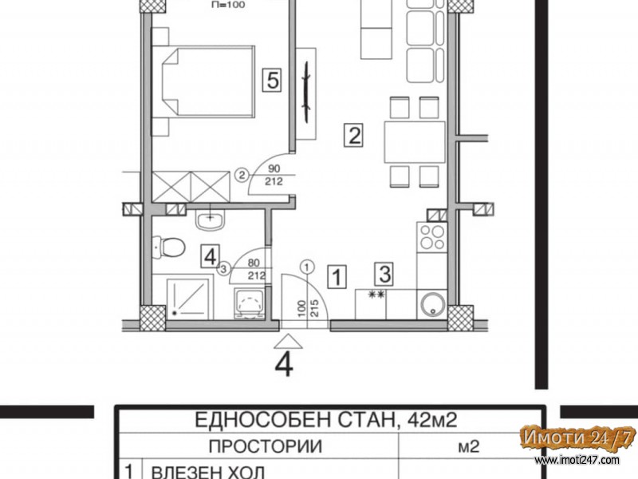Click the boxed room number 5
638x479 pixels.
pos(272,80)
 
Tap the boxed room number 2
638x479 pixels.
pos(353,136)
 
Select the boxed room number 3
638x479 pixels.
pos(384,273)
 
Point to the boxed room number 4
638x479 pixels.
pos(210,256)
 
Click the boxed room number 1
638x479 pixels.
pos(337,277)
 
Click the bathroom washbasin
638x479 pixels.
pos(210,220)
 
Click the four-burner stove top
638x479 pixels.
pos(431,237)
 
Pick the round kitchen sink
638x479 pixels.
pos(431,304)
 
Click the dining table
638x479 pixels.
pos(415,142)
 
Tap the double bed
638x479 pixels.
pos(203,82)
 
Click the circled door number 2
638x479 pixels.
pos(242,176)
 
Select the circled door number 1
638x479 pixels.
pos(307,267)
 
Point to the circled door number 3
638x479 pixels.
pos(224,268)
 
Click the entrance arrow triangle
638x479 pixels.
pos(288,342)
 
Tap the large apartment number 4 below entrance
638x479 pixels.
pos(284,365)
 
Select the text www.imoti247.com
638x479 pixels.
pos(577,461)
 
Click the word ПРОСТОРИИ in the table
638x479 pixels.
pos(265,446)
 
